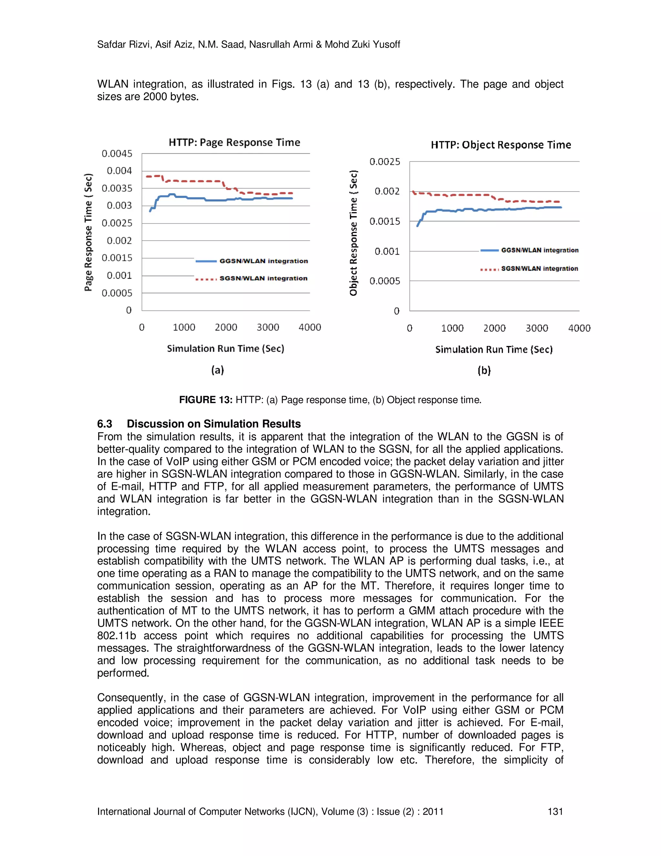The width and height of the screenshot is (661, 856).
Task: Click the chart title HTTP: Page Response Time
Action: click(234, 142)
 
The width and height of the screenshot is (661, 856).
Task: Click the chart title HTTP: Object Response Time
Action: click(501, 145)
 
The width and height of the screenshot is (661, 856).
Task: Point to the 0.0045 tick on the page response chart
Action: click(117, 154)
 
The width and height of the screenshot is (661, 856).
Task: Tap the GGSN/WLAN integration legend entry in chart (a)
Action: click(263, 261)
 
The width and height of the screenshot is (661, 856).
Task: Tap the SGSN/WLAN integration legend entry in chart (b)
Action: click(539, 269)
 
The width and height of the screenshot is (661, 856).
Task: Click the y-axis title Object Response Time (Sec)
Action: click(354, 233)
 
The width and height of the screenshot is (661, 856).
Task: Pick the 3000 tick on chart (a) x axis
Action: click(268, 327)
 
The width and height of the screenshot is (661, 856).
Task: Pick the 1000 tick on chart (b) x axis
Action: click(452, 328)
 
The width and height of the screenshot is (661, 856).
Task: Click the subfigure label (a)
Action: click(217, 370)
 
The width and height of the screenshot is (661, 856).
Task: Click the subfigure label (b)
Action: click(484, 371)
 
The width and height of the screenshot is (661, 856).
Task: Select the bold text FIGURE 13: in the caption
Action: click(206, 400)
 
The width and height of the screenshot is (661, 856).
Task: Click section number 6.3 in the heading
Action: click(105, 424)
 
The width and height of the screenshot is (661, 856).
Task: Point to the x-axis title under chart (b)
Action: click(494, 350)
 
